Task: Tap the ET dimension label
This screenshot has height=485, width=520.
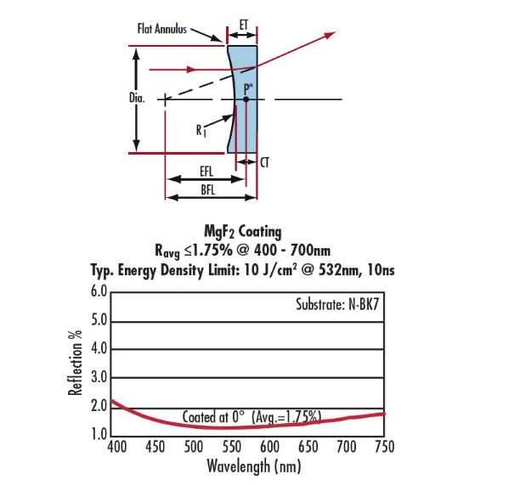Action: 242,25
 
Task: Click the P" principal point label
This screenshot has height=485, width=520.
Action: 246,87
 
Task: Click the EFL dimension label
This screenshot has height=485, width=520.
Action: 206,172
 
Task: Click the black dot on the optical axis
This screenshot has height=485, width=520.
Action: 246,99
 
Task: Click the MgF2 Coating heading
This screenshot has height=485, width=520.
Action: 243,230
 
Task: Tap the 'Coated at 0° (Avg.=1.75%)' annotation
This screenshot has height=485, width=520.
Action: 252,416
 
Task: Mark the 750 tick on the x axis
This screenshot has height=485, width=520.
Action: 384,447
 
